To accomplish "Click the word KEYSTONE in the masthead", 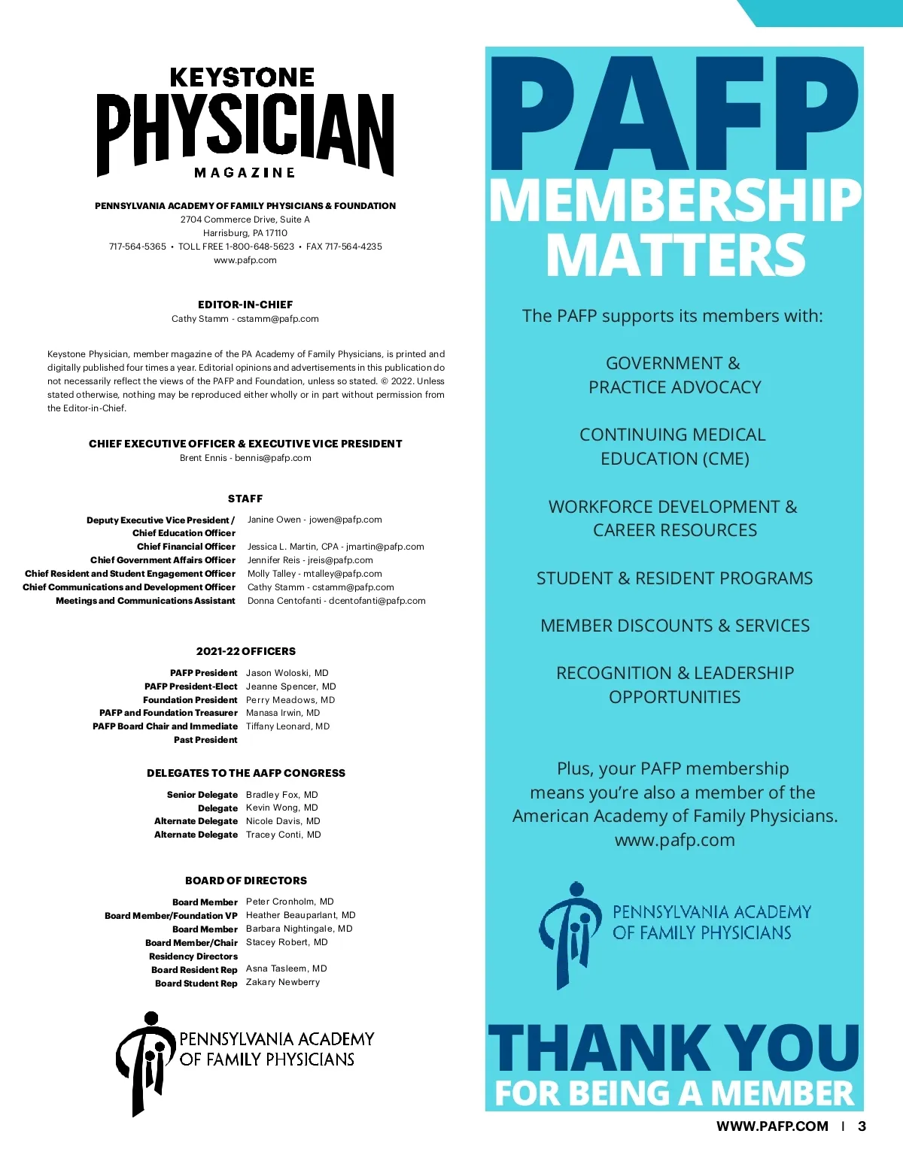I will coord(242,77).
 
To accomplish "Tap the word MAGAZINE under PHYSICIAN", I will coord(245,173).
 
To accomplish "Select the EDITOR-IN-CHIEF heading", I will coord(245,305).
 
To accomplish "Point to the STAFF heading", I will coord(245,499).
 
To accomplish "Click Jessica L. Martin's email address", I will coord(385,547).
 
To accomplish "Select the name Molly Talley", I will coord(272,574).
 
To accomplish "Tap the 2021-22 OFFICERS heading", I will coord(245,651).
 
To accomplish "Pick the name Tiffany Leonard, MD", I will coord(287,726).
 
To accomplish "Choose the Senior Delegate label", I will coord(202,795).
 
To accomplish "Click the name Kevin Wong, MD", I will coord(281,808).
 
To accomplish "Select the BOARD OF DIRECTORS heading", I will coord(245,881).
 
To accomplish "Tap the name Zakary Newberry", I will coord(282,982).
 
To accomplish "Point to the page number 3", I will coord(862,1126).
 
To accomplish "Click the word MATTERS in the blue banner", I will coord(675,256).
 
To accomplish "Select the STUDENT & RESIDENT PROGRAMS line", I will coord(674,578).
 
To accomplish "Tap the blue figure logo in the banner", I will coord(570,934).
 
